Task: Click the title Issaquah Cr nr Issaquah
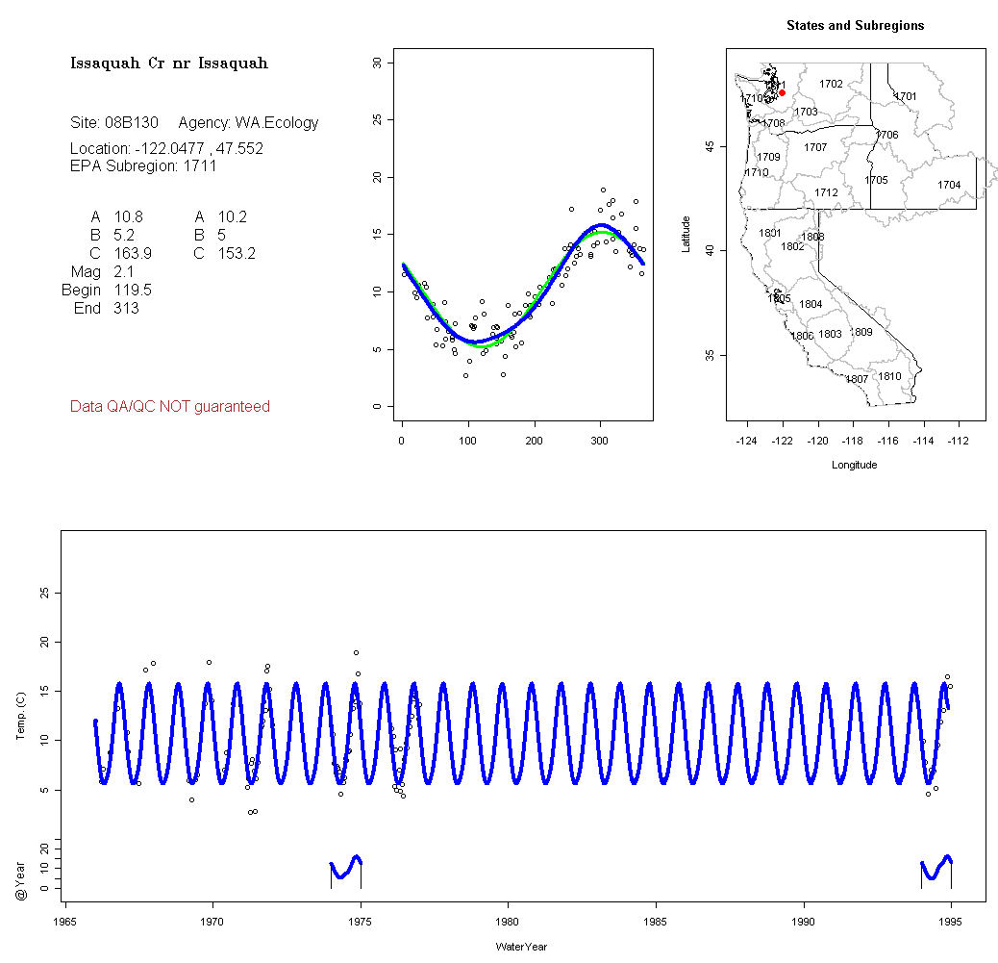pyautogui.click(x=168, y=63)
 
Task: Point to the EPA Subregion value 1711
pyautogui.click(x=200, y=165)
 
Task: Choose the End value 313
pyautogui.click(x=126, y=309)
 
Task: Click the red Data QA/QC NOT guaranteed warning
pyautogui.click(x=170, y=407)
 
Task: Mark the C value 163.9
pyautogui.click(x=133, y=254)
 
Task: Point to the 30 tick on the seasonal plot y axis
pyautogui.click(x=377, y=63)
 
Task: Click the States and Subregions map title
pyautogui.click(x=855, y=26)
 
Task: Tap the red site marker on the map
pyautogui.click(x=783, y=92)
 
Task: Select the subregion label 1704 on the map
pyautogui.click(x=949, y=185)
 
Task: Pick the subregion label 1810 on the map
pyautogui.click(x=890, y=376)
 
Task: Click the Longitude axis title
pyautogui.click(x=854, y=465)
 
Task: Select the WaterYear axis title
pyautogui.click(x=521, y=947)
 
